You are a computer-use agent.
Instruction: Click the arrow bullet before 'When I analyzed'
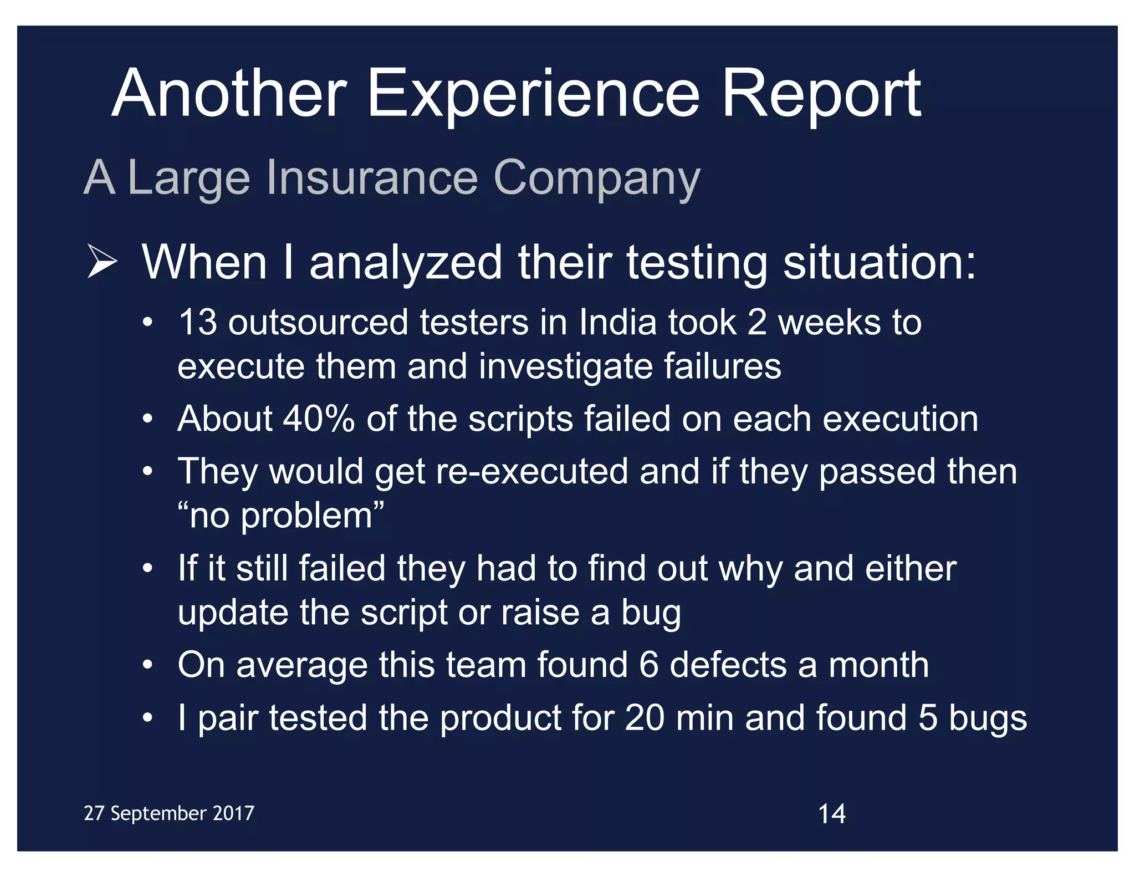coord(102,263)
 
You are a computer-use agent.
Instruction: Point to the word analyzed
coord(406,263)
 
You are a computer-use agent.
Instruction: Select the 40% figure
coord(319,419)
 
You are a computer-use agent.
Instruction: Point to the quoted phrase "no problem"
coord(280,516)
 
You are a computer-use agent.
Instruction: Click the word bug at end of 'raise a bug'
coord(651,613)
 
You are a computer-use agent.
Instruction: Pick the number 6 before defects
coord(648,665)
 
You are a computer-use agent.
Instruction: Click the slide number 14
coord(831,814)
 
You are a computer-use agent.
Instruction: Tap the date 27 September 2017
coord(169,813)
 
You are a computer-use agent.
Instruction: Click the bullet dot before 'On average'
coord(147,665)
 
